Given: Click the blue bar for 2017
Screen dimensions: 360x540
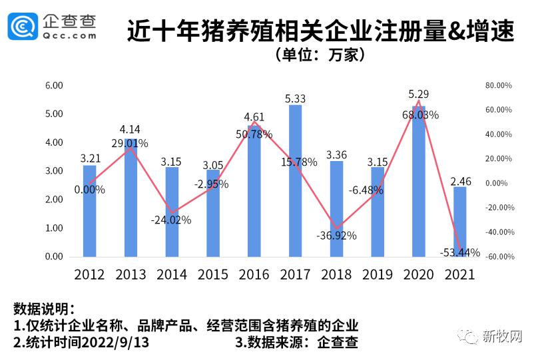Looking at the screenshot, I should point(295,180).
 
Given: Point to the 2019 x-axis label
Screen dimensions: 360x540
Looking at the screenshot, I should point(378,274).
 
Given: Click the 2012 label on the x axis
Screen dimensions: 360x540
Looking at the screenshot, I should point(89,274).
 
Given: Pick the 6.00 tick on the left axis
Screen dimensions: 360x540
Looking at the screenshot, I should point(53,86).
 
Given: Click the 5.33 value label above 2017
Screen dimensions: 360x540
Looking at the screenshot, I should point(295,98).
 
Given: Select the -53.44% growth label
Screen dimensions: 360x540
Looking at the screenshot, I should point(460,252).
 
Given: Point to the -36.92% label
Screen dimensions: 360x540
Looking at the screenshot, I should point(336,235).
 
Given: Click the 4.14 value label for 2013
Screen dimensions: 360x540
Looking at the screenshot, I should point(131,130).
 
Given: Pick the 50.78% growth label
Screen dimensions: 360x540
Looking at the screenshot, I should point(254,134).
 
